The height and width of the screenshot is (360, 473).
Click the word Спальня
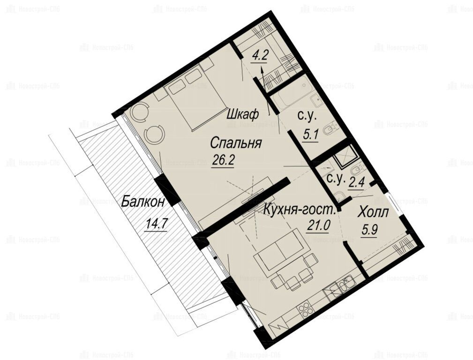pos(236,143)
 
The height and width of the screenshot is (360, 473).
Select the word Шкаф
pos(242,115)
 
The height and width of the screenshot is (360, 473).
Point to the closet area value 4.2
pos(260,56)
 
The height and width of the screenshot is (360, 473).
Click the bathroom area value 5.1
pos(310,134)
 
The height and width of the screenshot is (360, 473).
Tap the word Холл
pos(373,213)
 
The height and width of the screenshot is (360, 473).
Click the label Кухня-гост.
pos(300,210)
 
